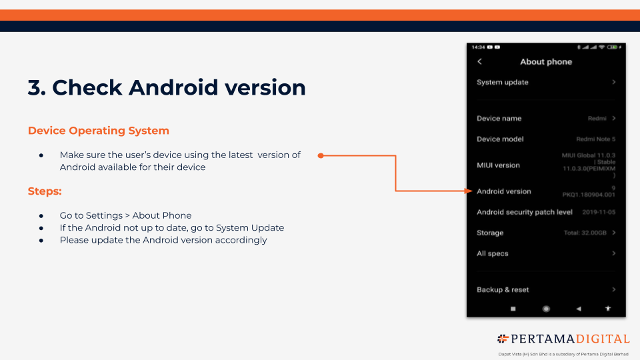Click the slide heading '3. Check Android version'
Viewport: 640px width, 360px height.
167,87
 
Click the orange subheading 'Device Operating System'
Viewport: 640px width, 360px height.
99,131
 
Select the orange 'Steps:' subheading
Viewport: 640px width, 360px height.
45,191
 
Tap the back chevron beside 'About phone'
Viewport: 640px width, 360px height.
480,61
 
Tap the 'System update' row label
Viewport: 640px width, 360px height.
503,83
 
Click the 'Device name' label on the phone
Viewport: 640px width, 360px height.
499,119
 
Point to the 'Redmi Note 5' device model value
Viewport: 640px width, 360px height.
595,139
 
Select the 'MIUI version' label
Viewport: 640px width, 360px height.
498,165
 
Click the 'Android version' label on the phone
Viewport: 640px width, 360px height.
504,191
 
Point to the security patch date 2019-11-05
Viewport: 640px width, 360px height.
598,213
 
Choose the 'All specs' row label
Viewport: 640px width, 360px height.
493,254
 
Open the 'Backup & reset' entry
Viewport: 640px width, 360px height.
503,290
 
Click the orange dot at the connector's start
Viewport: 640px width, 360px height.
321,156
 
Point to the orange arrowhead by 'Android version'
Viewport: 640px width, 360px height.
469,191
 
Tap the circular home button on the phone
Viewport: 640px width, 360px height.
546,309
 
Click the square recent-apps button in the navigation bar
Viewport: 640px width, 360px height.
513,309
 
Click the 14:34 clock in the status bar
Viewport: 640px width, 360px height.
478,47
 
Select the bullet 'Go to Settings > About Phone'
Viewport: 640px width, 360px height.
125,216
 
